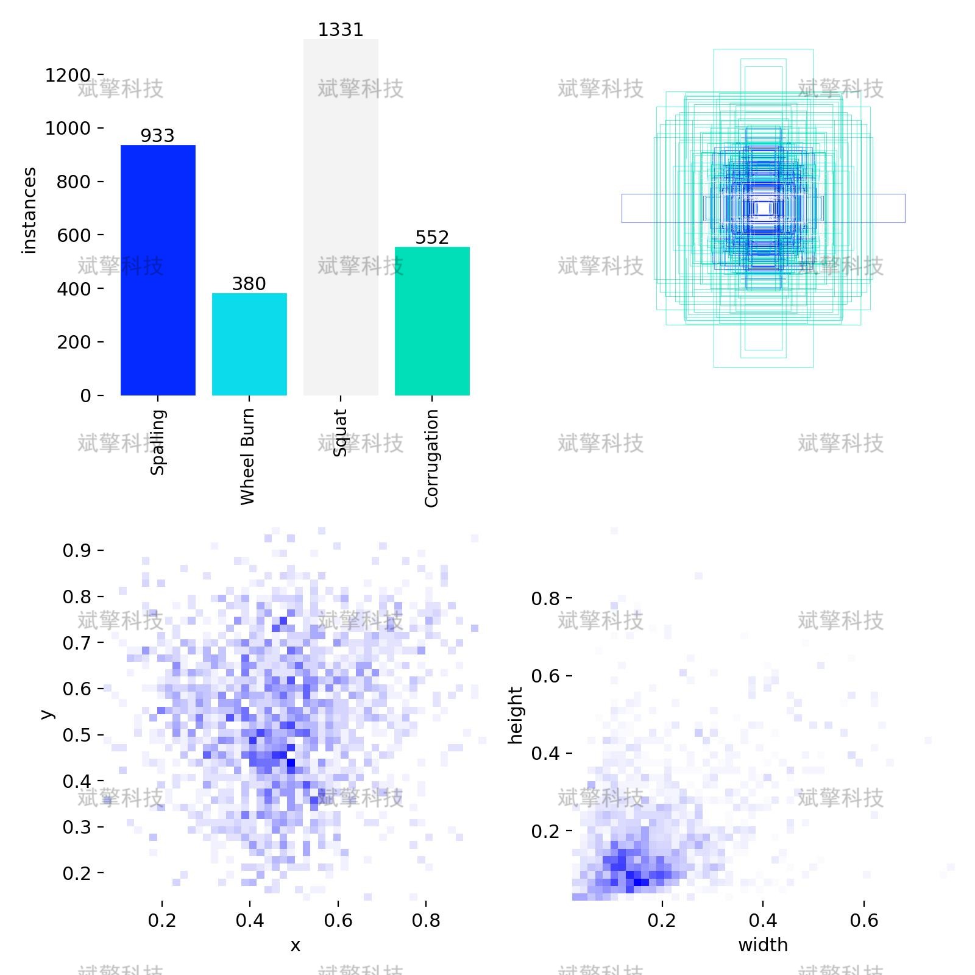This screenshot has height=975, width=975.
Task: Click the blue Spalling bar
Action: [x=158, y=270]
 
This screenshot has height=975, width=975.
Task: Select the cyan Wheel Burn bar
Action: [x=249, y=344]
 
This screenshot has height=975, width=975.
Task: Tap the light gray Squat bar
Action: [x=341, y=217]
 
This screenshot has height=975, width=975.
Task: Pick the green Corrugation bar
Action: [x=432, y=321]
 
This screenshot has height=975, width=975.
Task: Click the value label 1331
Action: [x=341, y=30]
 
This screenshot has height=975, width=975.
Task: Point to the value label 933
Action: [x=158, y=135]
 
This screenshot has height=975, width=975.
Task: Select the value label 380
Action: [x=249, y=283]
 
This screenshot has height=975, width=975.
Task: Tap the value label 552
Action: [x=432, y=237]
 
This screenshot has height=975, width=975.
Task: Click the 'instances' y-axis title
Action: [x=29, y=211]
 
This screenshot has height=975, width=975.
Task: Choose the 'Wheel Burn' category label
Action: [x=247, y=457]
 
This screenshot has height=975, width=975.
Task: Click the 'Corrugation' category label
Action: [x=431, y=458]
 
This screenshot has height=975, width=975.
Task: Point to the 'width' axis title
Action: [x=763, y=945]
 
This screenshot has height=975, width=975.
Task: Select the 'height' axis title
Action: [x=516, y=715]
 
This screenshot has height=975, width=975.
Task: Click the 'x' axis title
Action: [x=296, y=946]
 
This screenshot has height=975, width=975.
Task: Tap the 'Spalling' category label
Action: [x=158, y=442]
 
